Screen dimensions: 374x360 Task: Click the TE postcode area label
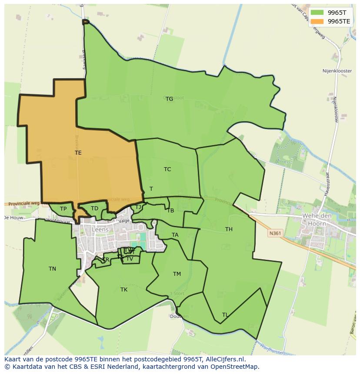[78, 153]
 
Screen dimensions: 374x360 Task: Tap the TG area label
[169, 99]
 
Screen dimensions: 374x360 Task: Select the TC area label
[167, 169]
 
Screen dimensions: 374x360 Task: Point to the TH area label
[229, 229]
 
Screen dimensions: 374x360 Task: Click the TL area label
[225, 315]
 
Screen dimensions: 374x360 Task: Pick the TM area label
[177, 274]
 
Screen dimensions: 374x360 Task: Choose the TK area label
[124, 290]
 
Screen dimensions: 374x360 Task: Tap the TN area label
[52, 269]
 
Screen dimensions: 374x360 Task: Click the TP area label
[63, 209]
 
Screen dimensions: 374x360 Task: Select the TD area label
[94, 209]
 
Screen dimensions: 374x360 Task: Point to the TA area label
[175, 235]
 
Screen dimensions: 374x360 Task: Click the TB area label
[170, 211]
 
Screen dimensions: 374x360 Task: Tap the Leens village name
[100, 230]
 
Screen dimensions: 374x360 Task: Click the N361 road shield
[274, 233]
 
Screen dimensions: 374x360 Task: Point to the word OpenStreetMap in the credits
[234, 367]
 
